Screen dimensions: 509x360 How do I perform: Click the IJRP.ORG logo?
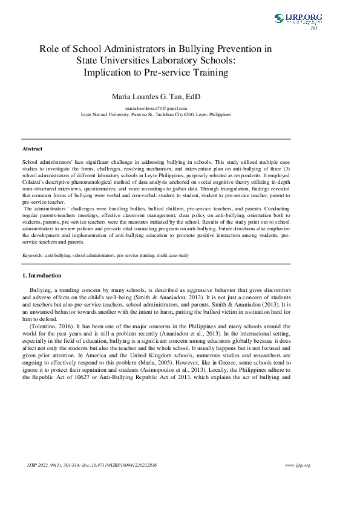(x=298, y=18)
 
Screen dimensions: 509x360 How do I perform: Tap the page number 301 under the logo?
(x=313, y=28)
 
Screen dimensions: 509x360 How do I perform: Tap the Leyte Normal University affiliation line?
(x=155, y=114)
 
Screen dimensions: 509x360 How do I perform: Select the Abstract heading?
(x=33, y=149)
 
